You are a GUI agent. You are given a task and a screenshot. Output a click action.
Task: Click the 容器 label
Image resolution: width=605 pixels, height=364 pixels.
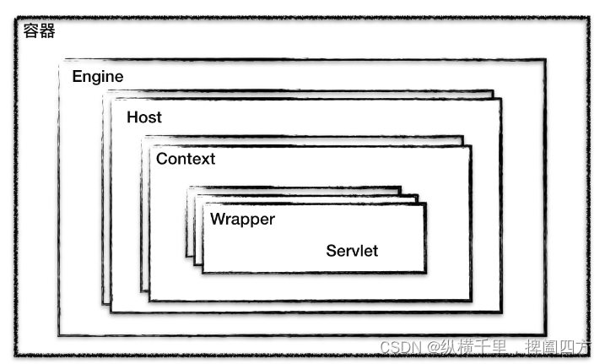[x=40, y=33]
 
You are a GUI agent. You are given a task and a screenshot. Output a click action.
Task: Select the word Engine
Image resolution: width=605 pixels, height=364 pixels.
[x=97, y=77]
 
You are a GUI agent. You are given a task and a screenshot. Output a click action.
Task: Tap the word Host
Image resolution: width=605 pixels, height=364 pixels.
[x=143, y=117]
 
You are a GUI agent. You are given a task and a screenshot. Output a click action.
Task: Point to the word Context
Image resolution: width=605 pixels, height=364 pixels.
[x=186, y=159]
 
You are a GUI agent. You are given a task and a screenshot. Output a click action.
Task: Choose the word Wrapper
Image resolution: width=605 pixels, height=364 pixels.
[x=242, y=220]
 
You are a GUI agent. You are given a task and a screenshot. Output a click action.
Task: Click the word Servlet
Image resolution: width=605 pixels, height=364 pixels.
[x=352, y=251]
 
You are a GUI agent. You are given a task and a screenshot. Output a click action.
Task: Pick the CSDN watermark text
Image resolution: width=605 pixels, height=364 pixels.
[x=399, y=347]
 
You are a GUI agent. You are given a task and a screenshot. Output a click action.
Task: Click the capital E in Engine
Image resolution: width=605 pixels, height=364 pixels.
[x=77, y=77]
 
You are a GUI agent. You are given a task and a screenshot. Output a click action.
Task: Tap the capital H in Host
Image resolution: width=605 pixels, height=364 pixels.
[x=132, y=117]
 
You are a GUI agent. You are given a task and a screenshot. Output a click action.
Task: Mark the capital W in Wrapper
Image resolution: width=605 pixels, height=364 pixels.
[x=218, y=220]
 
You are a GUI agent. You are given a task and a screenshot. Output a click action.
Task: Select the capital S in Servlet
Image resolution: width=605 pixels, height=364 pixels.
[x=332, y=251]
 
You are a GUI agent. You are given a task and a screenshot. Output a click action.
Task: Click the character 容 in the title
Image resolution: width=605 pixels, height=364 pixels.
[x=31, y=33]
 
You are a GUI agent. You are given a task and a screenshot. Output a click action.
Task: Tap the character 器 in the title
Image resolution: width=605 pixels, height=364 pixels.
[x=47, y=33]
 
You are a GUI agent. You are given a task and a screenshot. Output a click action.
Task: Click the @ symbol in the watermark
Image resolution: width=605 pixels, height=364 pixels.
[x=432, y=347]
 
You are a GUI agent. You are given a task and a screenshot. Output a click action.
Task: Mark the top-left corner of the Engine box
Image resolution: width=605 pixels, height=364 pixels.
[x=59, y=61]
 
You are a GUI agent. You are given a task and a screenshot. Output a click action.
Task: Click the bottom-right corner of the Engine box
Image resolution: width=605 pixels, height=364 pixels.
[x=545, y=334]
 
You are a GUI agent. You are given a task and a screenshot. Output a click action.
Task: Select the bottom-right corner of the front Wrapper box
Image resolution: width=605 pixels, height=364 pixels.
[x=425, y=272]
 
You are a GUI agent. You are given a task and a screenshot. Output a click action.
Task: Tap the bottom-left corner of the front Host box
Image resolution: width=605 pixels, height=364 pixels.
[x=111, y=312]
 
